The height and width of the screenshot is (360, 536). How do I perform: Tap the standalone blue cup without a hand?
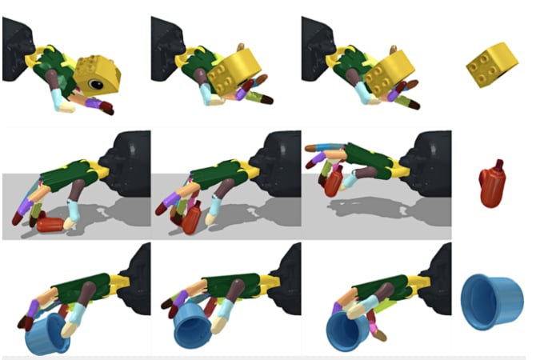490,301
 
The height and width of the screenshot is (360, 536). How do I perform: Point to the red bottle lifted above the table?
331,180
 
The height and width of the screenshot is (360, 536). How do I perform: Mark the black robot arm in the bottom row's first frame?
136,276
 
